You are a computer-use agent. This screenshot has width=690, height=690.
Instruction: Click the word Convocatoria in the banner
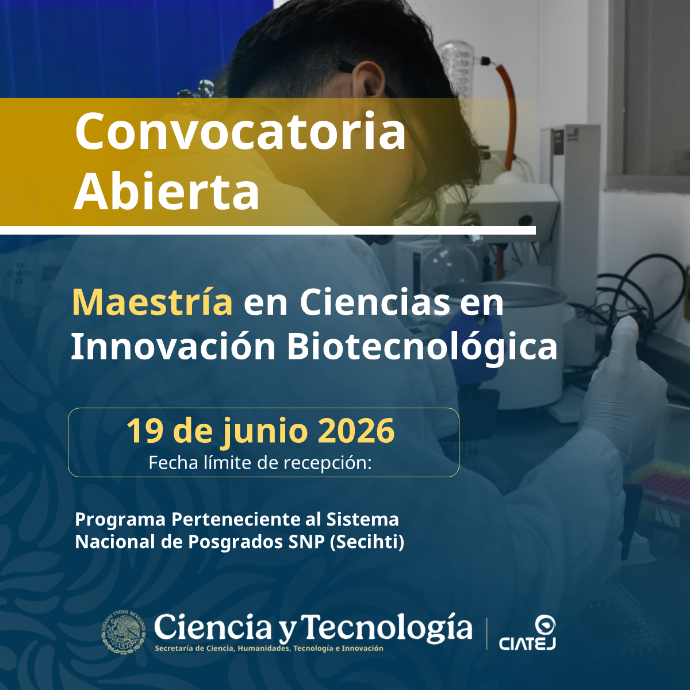tap(240, 131)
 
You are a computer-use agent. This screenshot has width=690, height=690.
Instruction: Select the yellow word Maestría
tap(152, 302)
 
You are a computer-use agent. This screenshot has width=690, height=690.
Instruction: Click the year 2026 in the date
tap(356, 431)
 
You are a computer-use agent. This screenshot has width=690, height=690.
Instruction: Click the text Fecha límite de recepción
tap(260, 463)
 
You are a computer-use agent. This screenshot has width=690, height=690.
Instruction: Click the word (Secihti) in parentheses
tap(367, 542)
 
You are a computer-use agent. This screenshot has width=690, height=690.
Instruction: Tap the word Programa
tap(120, 520)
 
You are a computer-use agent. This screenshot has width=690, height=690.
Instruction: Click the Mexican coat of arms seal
tap(124, 632)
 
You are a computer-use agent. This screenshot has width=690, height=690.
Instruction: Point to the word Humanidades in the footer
tap(263, 649)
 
